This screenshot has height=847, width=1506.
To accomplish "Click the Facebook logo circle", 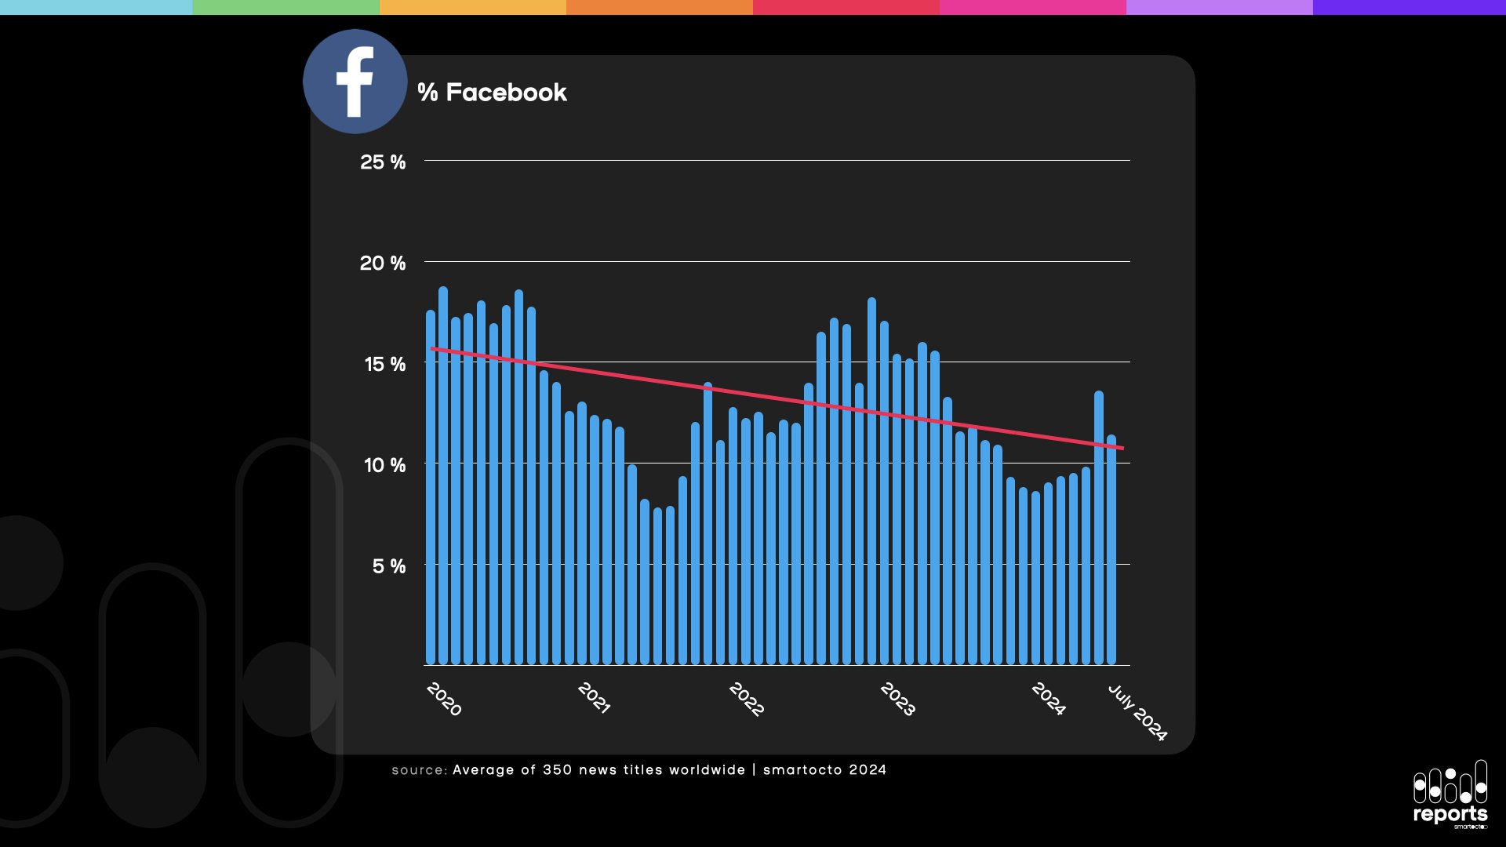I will tap(355, 82).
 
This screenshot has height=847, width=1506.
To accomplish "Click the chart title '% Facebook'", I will tap(492, 93).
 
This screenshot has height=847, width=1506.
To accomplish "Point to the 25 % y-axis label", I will tap(383, 162).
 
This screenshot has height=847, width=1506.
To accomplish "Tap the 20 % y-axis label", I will tap(383, 264).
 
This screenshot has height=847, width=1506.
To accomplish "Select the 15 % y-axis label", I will tap(384, 365).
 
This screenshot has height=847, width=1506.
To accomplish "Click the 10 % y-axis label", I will tap(384, 466).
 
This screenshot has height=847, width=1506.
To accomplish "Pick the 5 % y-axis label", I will tap(388, 566).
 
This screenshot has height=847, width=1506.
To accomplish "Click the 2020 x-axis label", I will tap(444, 699).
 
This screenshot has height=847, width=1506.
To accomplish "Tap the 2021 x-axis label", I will tap(594, 697).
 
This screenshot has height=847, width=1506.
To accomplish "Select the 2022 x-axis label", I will tap(746, 699).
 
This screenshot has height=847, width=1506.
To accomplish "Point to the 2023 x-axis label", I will tap(897, 699).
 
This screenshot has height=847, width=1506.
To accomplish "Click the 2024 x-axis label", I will tap(1048, 699).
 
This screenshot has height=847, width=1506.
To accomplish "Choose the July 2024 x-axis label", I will tap(1137, 712).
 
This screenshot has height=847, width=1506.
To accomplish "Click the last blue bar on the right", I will tap(1111, 549).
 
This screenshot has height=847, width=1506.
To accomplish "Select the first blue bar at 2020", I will tap(431, 486).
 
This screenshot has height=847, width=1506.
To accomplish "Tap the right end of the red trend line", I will tap(1122, 448).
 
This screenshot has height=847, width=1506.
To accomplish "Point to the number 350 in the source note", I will tap(557, 770).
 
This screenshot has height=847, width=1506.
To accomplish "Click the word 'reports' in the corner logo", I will tap(1450, 814).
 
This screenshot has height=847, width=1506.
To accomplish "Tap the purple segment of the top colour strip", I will tap(1409, 7).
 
